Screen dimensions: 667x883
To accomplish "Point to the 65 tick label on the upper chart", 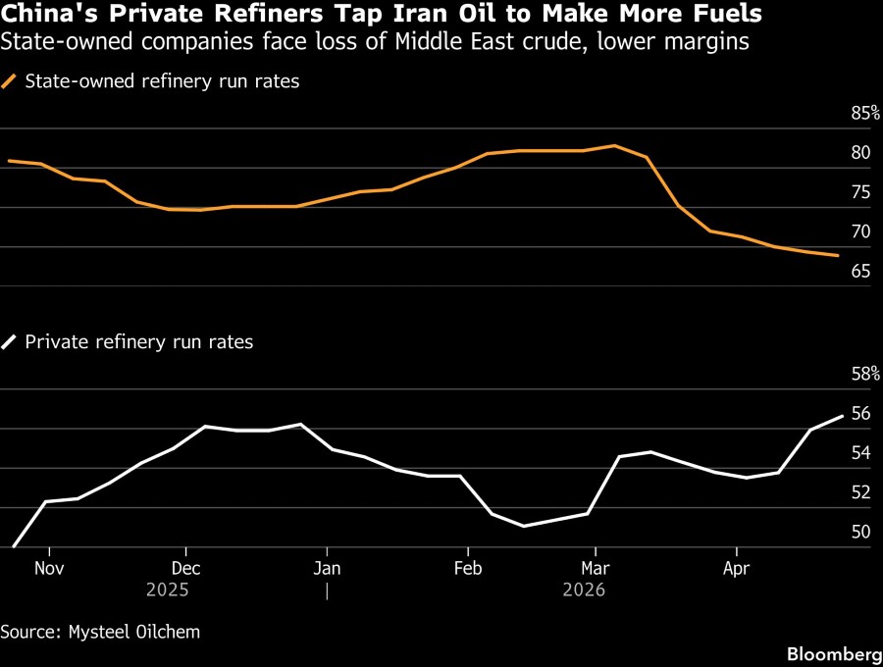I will pos(861,271).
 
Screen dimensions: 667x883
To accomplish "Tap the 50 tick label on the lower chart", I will pos(861,532).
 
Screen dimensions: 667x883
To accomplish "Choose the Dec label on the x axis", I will pos(185,567).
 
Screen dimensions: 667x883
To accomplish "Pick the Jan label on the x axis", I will pos(327,567).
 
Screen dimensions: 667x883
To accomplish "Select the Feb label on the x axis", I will pos(468,567).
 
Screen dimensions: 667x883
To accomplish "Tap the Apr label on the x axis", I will pos(736,567).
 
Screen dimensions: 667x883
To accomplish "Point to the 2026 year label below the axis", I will pos(584,590).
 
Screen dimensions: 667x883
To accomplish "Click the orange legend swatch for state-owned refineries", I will pos(11,81).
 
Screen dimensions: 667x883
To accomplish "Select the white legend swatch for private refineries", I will pos(11,342).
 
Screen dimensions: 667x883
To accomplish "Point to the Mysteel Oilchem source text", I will pos(133,632).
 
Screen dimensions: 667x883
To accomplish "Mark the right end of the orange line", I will pos(838,256).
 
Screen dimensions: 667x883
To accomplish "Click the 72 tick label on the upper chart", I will pos(861,231).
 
